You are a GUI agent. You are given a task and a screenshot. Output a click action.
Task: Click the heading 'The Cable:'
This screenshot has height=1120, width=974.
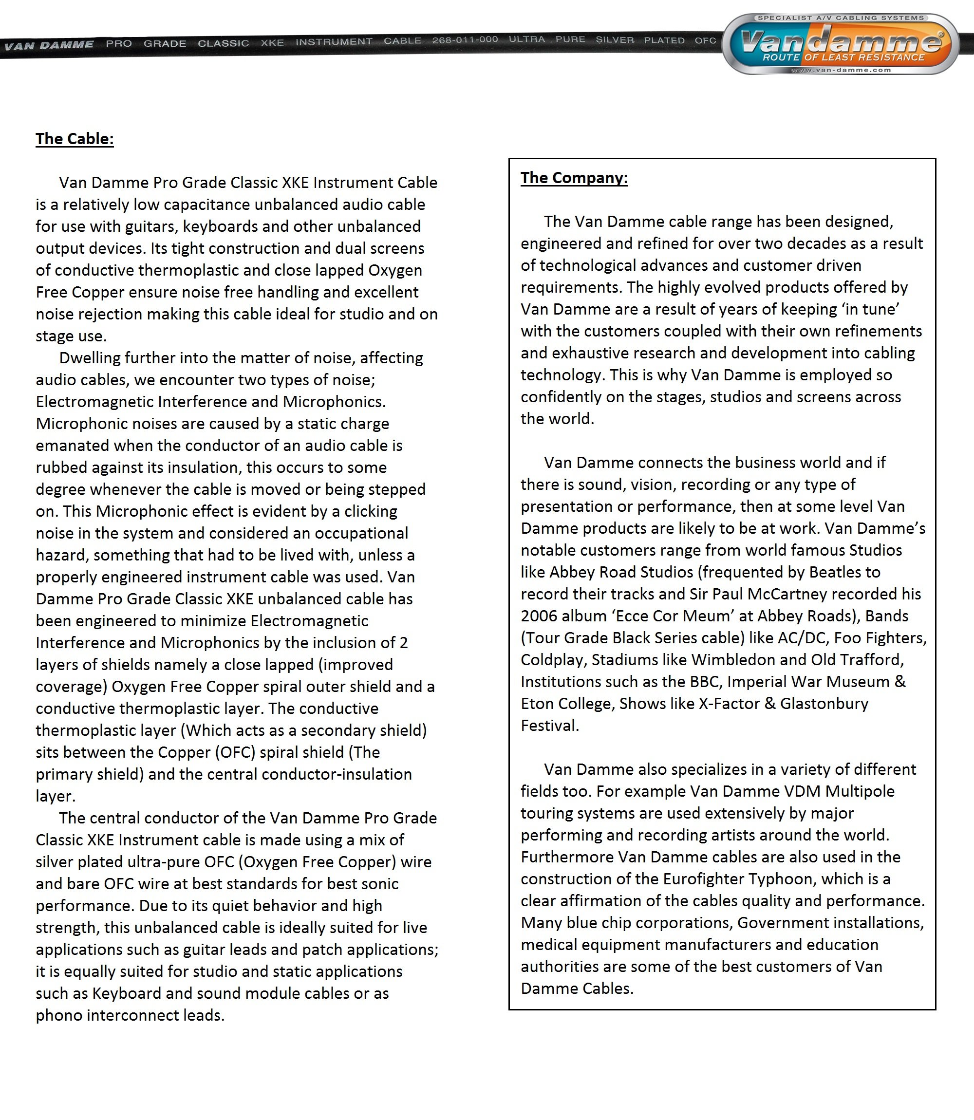[75, 139]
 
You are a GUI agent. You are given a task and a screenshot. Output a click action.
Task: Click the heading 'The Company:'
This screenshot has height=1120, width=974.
[574, 178]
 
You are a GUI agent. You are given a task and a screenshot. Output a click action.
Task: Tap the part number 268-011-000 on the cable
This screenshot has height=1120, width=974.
[465, 39]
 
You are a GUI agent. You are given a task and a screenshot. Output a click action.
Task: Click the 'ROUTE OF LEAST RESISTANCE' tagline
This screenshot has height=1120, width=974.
[843, 57]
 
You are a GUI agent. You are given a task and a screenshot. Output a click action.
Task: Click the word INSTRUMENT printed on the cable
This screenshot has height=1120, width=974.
[334, 41]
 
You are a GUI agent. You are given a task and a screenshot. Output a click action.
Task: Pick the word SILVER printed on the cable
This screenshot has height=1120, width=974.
[615, 39]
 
